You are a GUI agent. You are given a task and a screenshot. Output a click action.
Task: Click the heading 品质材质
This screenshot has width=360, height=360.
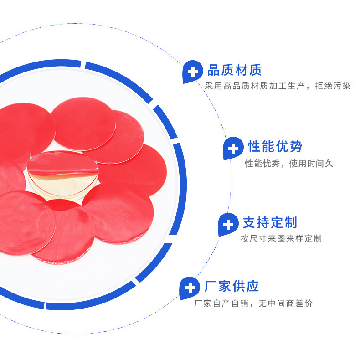point(234,71)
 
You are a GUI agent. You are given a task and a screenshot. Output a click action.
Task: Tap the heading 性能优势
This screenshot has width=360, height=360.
point(275,147)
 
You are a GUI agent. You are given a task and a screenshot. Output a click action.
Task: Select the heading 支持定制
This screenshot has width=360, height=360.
point(270,223)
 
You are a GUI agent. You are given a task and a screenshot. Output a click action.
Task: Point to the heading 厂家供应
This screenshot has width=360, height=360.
point(231,286)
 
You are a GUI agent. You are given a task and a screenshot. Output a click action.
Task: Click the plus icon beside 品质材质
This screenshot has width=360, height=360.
point(193,72)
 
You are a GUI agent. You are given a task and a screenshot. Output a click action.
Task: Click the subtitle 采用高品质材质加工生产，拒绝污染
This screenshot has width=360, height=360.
point(278,86)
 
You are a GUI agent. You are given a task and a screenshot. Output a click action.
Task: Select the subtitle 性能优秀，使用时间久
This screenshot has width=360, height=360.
point(289,163)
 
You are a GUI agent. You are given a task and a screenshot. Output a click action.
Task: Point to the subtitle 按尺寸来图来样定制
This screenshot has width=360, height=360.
point(281,238)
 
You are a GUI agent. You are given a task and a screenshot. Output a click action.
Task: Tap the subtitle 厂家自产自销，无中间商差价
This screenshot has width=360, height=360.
point(253,303)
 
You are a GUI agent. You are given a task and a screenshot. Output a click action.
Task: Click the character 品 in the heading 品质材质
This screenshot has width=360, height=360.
point(214,71)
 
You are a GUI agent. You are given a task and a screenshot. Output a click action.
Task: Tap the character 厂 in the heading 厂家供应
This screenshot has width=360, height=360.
point(211,286)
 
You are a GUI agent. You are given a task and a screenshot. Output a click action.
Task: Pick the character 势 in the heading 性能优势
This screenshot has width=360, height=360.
point(295,147)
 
